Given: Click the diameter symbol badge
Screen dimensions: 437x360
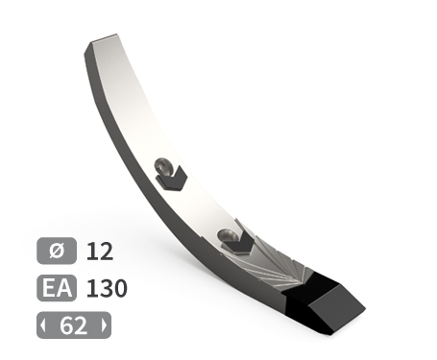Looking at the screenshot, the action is click(x=57, y=251).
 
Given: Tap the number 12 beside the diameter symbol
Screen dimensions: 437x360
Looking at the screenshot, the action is click(x=100, y=252).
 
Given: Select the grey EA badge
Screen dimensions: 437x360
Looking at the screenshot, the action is click(x=57, y=288).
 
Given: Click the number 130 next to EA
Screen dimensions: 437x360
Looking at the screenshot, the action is click(x=107, y=288).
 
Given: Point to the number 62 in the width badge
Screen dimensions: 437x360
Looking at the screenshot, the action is click(x=73, y=325).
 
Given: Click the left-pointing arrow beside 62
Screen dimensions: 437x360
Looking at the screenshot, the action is click(x=43, y=325).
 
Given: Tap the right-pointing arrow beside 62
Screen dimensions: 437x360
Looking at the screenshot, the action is click(x=104, y=325).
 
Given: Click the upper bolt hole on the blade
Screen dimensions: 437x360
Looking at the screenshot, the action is click(x=163, y=166).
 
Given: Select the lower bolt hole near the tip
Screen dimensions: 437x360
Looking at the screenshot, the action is click(x=228, y=236).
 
